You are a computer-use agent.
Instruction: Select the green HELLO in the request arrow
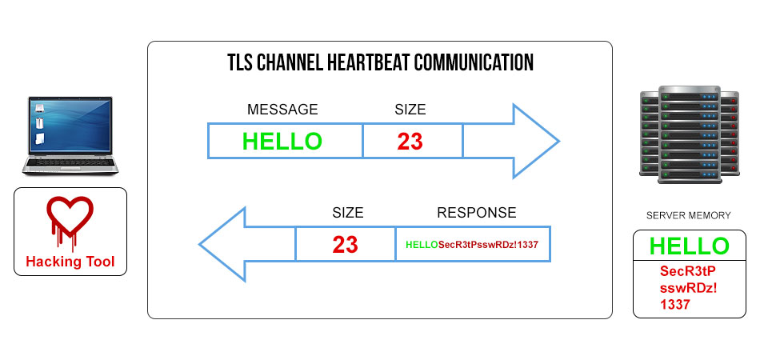point(282,141)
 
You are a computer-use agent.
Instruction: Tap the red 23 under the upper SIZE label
point(410,142)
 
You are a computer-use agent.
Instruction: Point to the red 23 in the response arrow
point(345,245)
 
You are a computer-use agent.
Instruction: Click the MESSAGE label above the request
point(282,110)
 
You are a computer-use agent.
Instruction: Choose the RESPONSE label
point(477,212)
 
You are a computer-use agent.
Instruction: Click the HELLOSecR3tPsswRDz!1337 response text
point(472,245)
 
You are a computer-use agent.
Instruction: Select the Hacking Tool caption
point(70,262)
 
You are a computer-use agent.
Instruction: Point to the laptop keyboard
point(70,162)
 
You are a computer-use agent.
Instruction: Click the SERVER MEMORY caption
point(689,216)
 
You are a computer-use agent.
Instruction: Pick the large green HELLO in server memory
point(689,246)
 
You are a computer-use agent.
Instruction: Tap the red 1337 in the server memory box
point(674,305)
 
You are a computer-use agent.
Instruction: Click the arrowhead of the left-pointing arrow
point(222,244)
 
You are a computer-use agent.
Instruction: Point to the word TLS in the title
point(239,62)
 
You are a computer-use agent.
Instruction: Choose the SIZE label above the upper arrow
point(410,110)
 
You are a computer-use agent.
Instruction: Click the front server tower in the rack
point(690,134)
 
